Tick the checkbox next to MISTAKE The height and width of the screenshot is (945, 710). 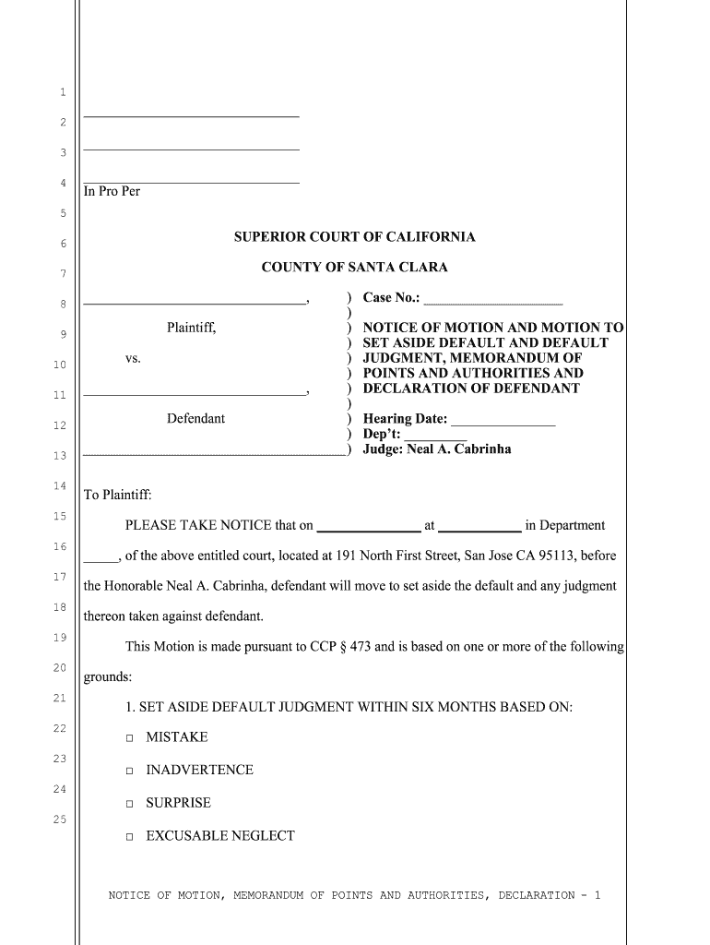(130, 738)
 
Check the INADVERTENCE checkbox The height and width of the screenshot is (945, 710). (130, 771)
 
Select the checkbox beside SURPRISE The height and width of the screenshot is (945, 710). (130, 804)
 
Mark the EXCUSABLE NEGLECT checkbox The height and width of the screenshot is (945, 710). (130, 837)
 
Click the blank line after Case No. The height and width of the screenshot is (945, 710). (492, 299)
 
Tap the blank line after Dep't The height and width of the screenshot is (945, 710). (435, 435)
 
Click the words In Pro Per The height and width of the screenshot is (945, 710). (112, 192)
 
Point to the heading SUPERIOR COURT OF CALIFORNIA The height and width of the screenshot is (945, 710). (355, 237)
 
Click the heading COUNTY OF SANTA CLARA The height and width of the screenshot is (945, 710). (355, 268)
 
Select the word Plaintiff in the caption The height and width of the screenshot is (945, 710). (192, 328)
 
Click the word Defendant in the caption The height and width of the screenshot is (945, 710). (195, 419)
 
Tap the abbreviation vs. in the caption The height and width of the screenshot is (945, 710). (134, 358)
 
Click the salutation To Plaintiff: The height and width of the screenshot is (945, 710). (117, 496)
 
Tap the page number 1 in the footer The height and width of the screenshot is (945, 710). (598, 895)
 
